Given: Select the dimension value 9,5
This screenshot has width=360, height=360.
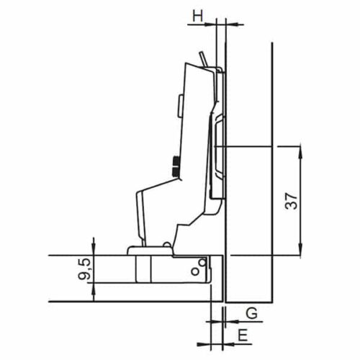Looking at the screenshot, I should click(85, 269).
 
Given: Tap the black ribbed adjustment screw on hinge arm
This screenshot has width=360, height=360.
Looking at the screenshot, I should click(175, 167).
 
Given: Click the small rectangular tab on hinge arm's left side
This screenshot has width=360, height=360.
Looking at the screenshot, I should click(178, 106).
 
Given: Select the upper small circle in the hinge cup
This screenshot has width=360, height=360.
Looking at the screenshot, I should click(202, 264).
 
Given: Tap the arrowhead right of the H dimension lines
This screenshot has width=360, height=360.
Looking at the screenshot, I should click(230, 24).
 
